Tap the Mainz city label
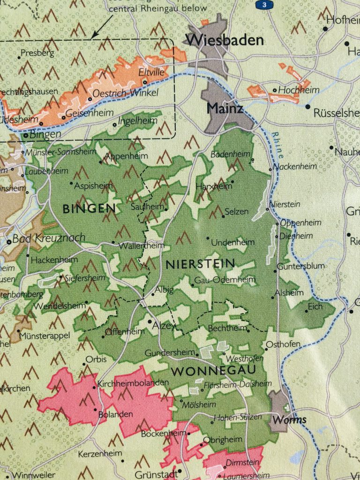click(x=225, y=109)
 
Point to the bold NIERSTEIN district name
click(x=200, y=264)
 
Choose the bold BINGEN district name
click(x=89, y=208)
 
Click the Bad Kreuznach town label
click(x=49, y=238)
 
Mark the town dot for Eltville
click(x=145, y=82)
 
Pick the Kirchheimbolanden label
click(x=132, y=383)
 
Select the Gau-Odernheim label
click(x=225, y=280)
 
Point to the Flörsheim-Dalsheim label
click(x=238, y=383)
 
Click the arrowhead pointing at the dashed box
click(x=94, y=35)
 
